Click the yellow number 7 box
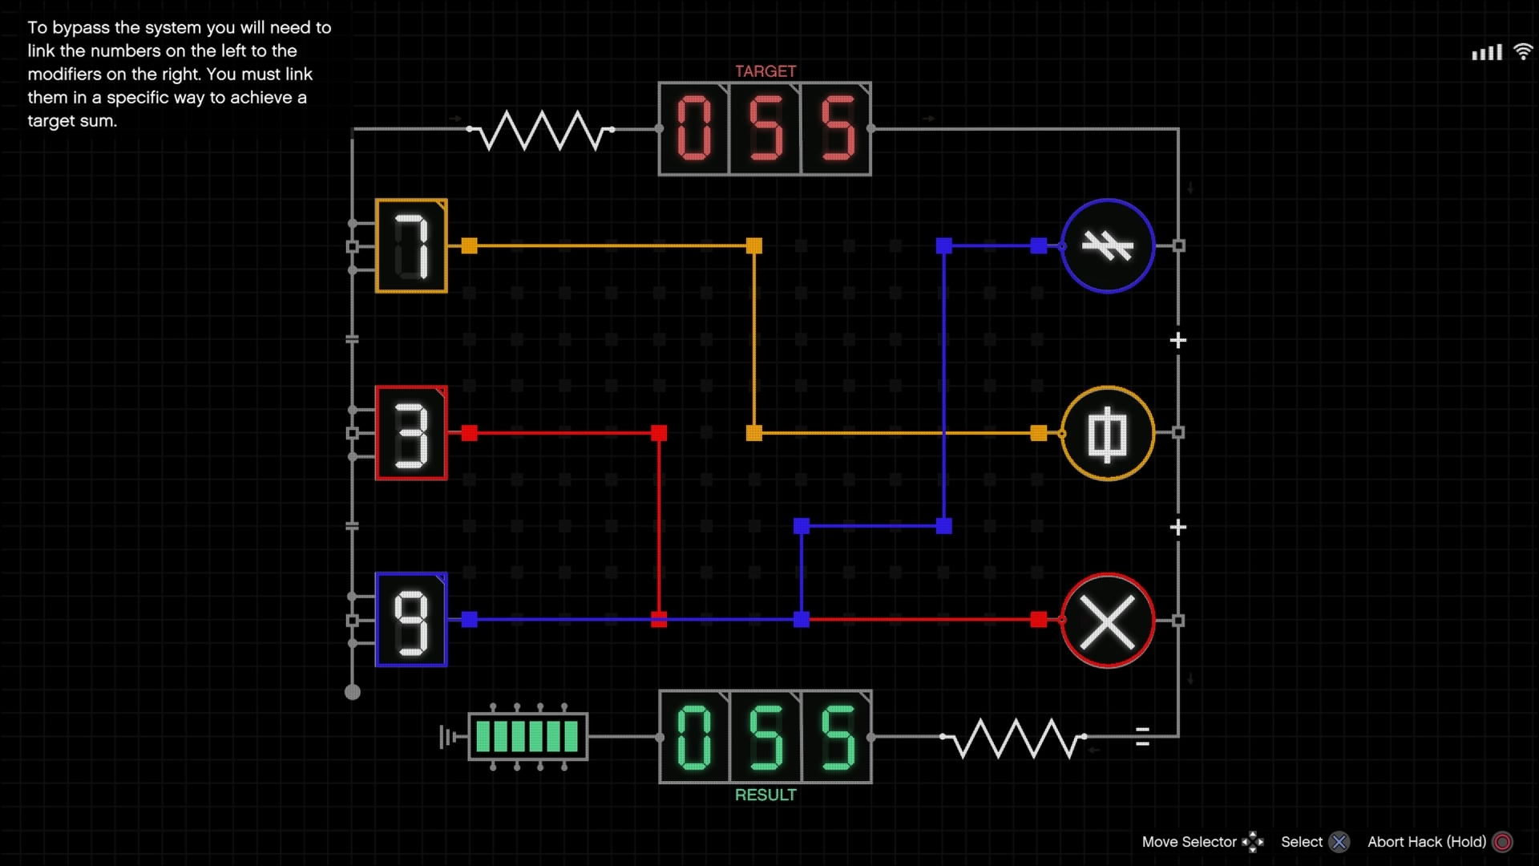point(411,245)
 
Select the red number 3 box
point(411,433)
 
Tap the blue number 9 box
point(411,620)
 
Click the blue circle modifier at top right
point(1107,245)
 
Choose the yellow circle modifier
point(1107,433)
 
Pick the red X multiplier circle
point(1107,620)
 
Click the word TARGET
point(765,71)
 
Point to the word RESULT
point(765,795)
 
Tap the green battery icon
point(527,736)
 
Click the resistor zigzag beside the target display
point(542,130)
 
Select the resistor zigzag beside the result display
point(1014,738)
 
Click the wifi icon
point(1522,52)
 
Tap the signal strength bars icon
point(1487,53)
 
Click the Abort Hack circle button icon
point(1503,842)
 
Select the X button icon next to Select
point(1339,842)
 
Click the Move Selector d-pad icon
point(1252,842)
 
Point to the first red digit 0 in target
point(694,128)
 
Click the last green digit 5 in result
point(837,737)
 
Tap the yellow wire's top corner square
point(754,245)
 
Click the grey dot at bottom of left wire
point(353,692)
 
